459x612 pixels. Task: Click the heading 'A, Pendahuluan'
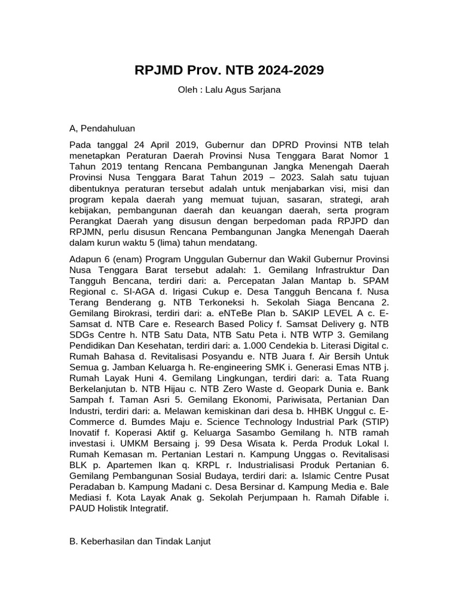(102, 128)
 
